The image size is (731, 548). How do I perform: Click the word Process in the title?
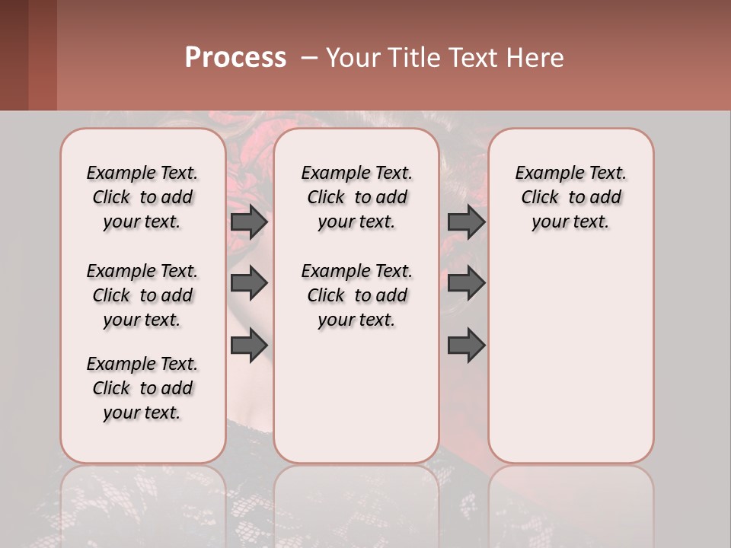pos(235,58)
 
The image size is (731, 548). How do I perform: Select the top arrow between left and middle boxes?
pos(249,222)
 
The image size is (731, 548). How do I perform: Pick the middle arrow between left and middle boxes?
pos(249,283)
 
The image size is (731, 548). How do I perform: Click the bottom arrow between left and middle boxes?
pos(249,346)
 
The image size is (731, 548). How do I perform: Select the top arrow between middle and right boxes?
pos(466,222)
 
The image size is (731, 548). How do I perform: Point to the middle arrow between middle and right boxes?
pos(466,283)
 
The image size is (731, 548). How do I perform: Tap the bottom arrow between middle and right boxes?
pos(466,346)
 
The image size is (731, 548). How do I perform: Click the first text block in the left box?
pos(142,197)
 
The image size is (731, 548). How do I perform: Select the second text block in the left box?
pos(142,295)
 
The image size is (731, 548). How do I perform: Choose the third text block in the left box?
pos(142,388)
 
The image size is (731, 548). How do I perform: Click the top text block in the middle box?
pos(356,197)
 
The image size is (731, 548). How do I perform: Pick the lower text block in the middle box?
pos(356,295)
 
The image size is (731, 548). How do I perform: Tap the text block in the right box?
pos(570,197)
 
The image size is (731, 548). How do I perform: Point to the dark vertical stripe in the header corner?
pos(14,55)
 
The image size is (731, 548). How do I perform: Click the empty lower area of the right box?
pos(570,365)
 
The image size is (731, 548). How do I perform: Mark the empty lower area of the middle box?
pos(356,396)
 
